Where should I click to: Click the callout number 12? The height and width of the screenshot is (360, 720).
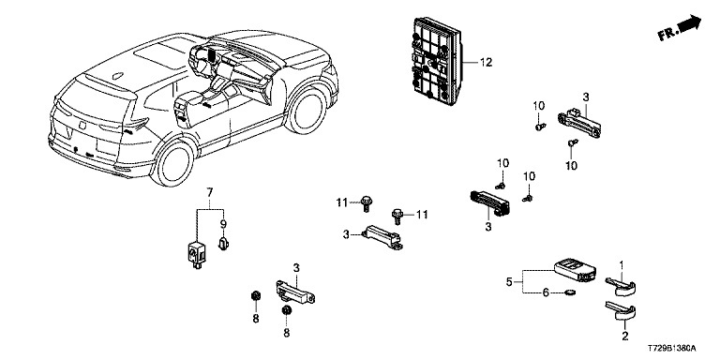click(x=486, y=62)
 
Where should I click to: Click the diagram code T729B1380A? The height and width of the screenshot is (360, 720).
click(x=672, y=349)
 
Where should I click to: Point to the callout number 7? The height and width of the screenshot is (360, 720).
click(x=210, y=191)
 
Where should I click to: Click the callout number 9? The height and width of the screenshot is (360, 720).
click(x=224, y=225)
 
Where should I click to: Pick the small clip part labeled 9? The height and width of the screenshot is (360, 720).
click(x=224, y=243)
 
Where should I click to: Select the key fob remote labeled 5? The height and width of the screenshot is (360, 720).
click(x=574, y=270)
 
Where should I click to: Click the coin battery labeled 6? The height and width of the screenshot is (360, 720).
click(x=570, y=292)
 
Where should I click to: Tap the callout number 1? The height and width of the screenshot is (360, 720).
click(x=622, y=265)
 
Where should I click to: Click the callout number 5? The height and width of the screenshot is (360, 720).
click(x=509, y=281)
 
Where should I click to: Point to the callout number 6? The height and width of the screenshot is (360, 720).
click(x=546, y=292)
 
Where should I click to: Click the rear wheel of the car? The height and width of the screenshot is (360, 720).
click(x=174, y=163)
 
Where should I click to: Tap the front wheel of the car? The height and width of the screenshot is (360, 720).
click(x=306, y=111)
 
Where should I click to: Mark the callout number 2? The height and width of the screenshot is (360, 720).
click(x=624, y=337)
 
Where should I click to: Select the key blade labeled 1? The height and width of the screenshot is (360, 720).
click(x=621, y=285)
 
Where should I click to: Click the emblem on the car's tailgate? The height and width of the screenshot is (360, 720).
click(x=82, y=125)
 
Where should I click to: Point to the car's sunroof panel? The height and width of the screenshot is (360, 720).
click(x=158, y=52)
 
